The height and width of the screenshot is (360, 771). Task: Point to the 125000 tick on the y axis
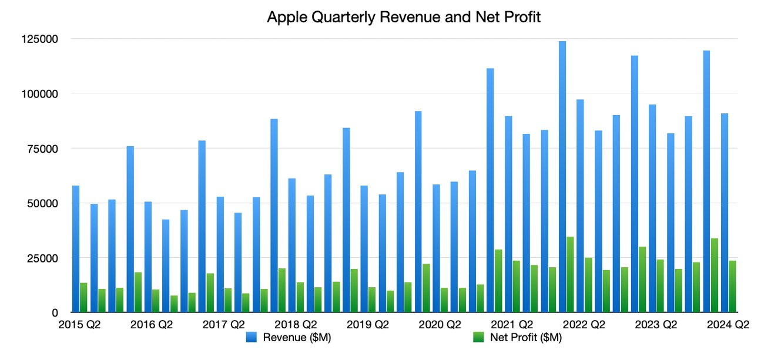[x=39, y=39]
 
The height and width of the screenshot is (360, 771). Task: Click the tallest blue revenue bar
[x=562, y=176]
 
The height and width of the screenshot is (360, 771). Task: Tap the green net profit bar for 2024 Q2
[x=732, y=286]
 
